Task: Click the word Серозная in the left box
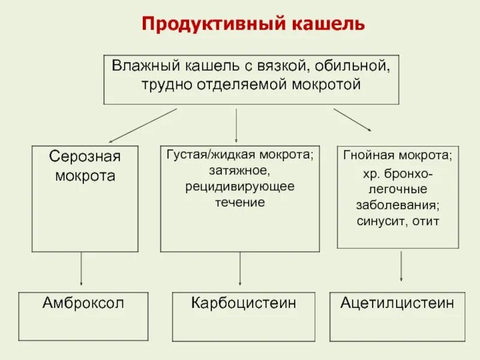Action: (x=85, y=157)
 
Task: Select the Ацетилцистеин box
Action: (x=398, y=313)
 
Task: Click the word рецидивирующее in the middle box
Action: (x=239, y=187)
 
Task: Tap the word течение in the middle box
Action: (x=240, y=202)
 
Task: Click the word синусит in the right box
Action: (x=374, y=221)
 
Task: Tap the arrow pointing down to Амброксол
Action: (x=81, y=268)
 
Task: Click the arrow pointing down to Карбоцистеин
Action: (x=240, y=268)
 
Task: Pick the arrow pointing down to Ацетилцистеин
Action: (x=401, y=265)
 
